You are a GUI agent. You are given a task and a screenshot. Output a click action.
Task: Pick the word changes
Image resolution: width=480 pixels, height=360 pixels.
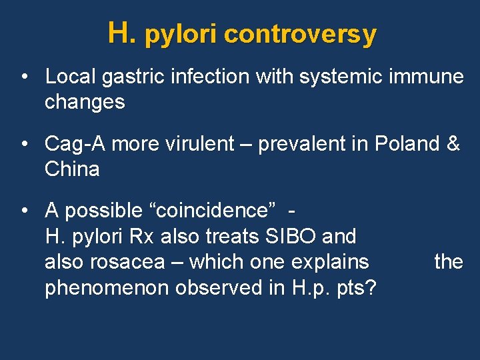pyautogui.click(x=85, y=102)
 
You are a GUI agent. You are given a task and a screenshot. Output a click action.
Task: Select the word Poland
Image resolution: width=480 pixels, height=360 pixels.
pyautogui.click(x=407, y=143)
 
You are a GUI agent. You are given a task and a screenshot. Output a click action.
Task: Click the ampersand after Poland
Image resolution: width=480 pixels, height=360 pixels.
pyautogui.click(x=453, y=143)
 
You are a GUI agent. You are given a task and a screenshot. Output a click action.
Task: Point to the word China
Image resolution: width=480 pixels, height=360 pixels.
pyautogui.click(x=72, y=169)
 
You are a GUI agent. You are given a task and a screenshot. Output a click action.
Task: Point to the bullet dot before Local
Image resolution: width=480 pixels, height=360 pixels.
pyautogui.click(x=23, y=77)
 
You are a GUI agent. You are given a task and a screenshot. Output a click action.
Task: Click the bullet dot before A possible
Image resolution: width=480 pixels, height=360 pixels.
pyautogui.click(x=23, y=211)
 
